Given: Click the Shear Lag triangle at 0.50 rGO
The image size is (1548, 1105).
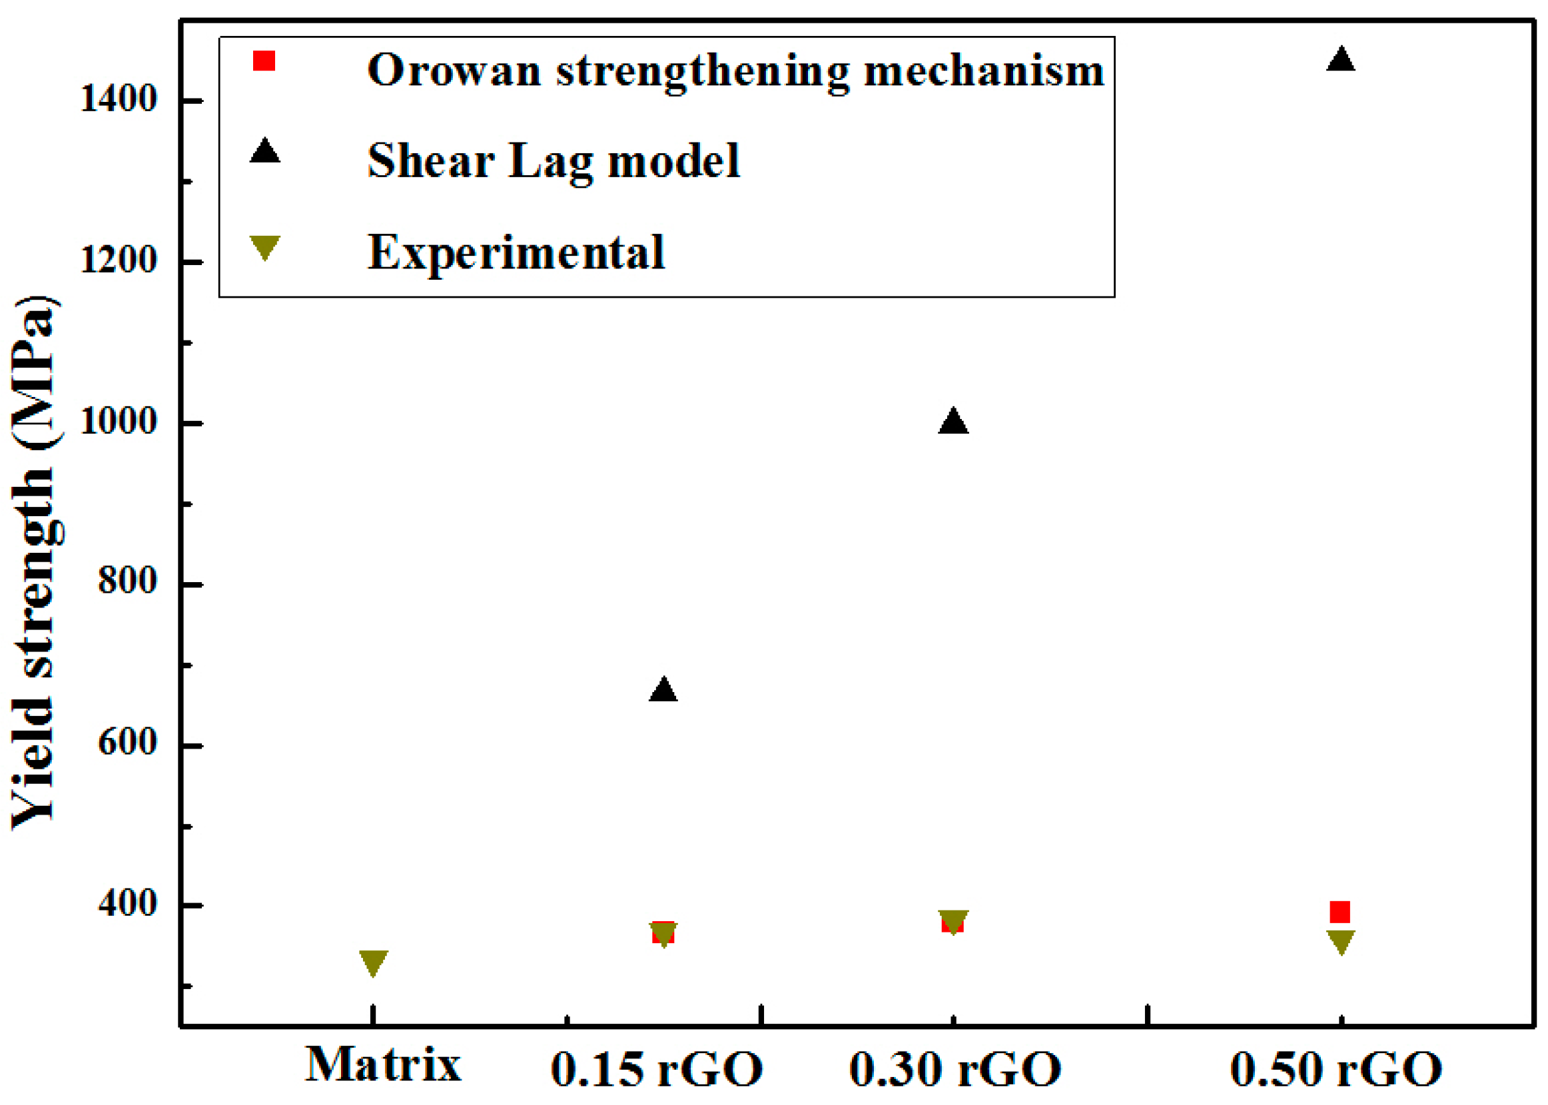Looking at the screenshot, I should tap(1340, 61).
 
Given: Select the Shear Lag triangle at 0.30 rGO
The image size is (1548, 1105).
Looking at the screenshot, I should tap(953, 422).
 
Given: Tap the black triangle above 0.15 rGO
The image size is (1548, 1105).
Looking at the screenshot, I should tap(663, 691).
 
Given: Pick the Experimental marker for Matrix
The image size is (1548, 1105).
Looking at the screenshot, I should tap(374, 961).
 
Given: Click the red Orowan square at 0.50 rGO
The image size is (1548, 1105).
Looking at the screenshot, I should tap(1340, 912).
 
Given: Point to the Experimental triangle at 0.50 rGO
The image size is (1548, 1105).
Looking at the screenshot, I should tap(1340, 941).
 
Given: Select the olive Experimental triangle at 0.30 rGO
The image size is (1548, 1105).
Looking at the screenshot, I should tap(953, 921).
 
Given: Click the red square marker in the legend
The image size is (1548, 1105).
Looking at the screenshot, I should tap(264, 61).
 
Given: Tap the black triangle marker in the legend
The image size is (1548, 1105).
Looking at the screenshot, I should tap(264, 152).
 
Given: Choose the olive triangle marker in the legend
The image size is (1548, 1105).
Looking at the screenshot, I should tap(264, 246).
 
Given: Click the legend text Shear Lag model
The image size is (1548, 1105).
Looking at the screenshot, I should tap(554, 162).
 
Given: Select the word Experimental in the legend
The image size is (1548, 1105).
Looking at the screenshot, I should tap(516, 252).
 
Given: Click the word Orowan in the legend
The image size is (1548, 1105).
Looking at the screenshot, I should tap(454, 70).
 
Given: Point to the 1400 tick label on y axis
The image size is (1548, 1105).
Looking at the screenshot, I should tap(119, 99).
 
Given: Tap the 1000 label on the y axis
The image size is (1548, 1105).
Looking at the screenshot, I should tap(119, 422).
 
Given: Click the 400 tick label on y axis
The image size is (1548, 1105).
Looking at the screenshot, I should tap(127, 905).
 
